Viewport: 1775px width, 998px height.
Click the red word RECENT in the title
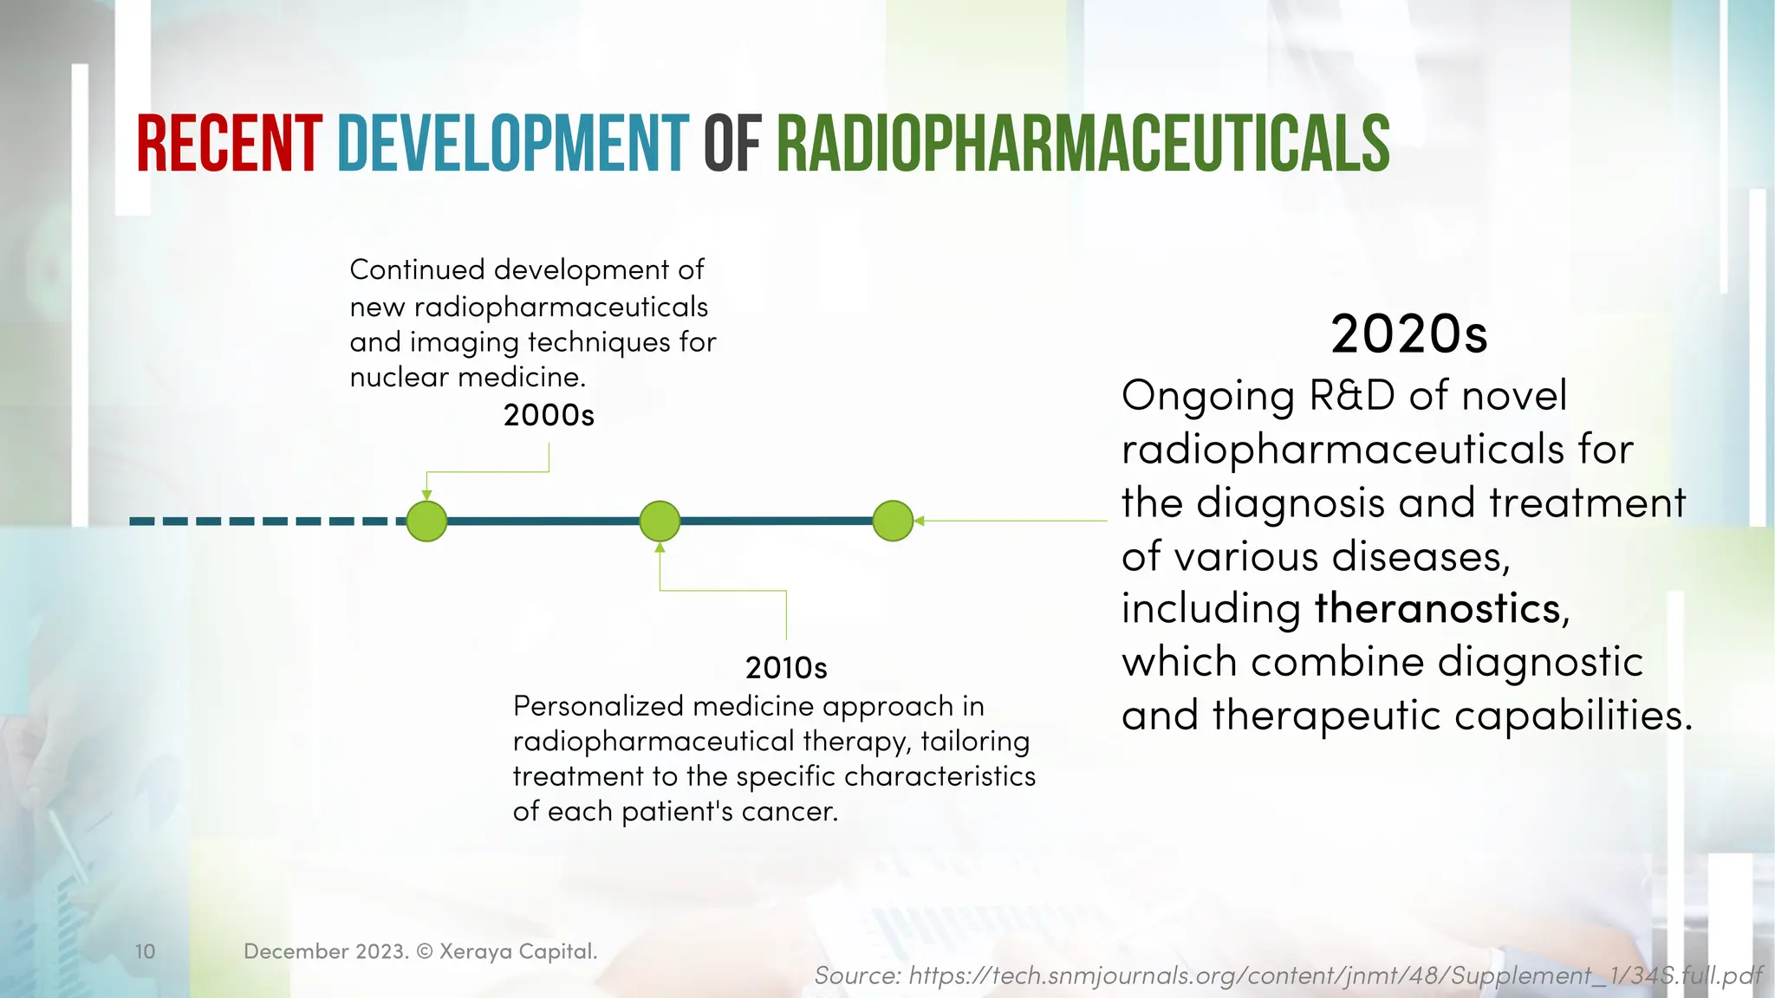click(229, 144)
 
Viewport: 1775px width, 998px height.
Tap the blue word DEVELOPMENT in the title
click(513, 144)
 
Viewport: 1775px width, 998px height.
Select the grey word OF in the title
click(731, 144)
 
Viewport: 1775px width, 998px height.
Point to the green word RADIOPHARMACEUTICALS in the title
click(1083, 144)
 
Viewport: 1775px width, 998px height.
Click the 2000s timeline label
click(549, 416)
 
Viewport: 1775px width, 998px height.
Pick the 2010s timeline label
click(786, 668)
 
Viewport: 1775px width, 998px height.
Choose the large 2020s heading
click(1408, 334)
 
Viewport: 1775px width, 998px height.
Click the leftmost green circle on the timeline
click(426, 522)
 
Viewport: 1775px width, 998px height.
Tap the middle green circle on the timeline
click(660, 522)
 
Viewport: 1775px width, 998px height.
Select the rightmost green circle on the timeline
click(893, 522)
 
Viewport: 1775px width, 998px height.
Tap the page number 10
click(145, 951)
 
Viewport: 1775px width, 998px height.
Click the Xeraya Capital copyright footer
click(420, 951)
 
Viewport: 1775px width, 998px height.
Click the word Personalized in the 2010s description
click(599, 707)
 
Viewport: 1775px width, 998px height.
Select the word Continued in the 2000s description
click(417, 270)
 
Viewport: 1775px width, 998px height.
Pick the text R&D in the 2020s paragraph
click(1351, 396)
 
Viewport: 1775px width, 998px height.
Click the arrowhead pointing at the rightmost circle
click(920, 521)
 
